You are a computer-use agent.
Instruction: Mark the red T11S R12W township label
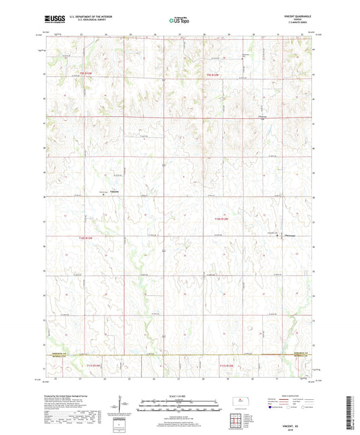[x=228, y=365]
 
